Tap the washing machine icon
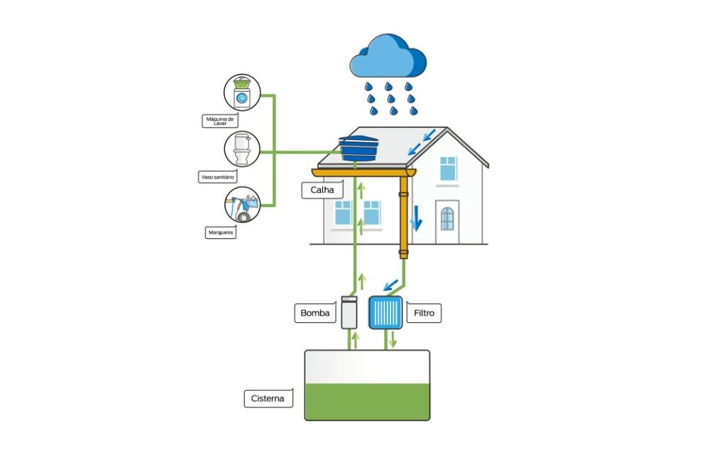point(241,93)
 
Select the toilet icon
point(241,149)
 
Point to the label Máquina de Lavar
point(219,121)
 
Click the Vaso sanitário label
point(218,176)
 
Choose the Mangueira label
point(220,232)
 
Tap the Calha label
point(322,190)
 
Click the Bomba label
point(315,313)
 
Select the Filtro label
point(425,313)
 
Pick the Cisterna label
point(267,398)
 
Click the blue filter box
point(386,313)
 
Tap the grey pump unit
point(349,312)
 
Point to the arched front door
point(447,218)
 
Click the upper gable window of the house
point(448,168)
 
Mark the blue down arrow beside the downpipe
point(417,222)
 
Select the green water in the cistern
point(367,402)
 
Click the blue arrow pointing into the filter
point(389,286)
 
